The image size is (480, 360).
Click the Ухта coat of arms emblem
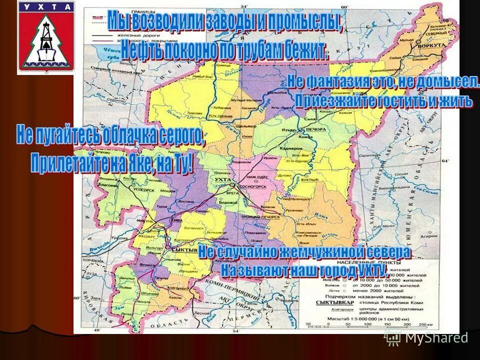pyautogui.click(x=45, y=37)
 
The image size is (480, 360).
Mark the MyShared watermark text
pyautogui.click(x=436, y=337)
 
